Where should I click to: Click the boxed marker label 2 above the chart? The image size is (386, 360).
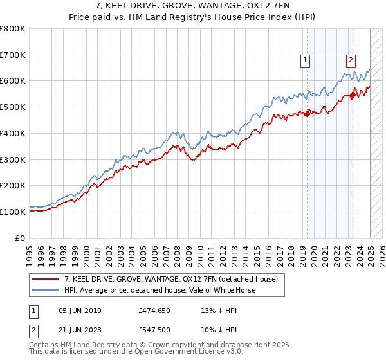351,61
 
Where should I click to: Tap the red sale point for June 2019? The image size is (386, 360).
307,114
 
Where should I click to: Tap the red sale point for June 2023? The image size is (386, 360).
353,95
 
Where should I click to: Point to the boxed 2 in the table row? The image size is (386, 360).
33,330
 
